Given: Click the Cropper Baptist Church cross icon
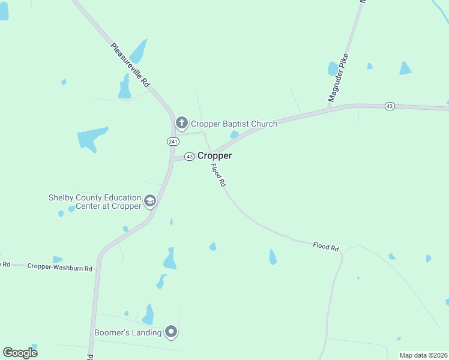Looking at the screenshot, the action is tap(181, 124).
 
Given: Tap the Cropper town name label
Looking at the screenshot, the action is tap(214, 155).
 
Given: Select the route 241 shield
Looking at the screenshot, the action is tap(172, 141).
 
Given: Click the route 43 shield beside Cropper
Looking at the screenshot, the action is tap(189, 156).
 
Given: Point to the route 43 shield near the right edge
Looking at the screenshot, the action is tap(390, 106).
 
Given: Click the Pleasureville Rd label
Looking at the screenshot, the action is tap(130, 66).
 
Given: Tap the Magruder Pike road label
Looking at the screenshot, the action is tap(339, 76).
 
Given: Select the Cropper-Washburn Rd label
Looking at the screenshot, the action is tap(60, 268).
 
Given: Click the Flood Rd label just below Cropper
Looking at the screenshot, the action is tap(217, 173).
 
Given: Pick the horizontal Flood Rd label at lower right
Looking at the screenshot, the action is tap(326, 246).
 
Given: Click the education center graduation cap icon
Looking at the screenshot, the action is tap(150, 201).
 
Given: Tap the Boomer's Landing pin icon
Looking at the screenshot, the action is tap(172, 332).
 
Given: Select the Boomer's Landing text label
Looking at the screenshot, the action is tap(128, 332).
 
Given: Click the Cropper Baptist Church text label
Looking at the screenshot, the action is tap(234, 124).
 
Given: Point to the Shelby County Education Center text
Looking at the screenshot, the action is tap(95, 202).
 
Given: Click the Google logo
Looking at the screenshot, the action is tap(20, 352).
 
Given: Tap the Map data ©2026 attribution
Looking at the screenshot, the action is tap(423, 355).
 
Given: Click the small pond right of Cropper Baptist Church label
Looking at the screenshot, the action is tap(235, 134).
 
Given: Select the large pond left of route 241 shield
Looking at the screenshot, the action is tap(92, 139).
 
